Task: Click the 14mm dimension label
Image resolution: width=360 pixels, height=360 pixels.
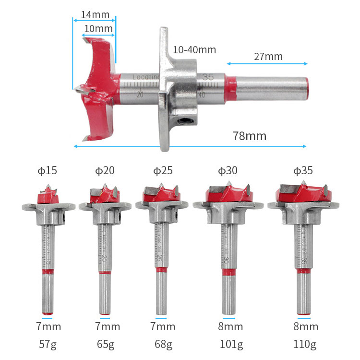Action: [x=95, y=14]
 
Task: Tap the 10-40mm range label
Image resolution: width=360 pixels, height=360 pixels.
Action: [x=194, y=50]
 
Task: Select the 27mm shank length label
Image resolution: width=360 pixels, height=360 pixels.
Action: [x=268, y=57]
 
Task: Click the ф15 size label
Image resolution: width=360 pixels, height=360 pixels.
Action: [x=48, y=170]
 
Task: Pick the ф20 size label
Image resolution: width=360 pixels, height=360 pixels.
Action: [x=105, y=170]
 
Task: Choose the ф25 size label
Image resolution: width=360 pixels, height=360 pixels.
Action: [x=163, y=170]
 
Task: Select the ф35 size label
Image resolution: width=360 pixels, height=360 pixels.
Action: [x=303, y=170]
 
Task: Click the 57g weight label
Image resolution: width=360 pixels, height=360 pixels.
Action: [x=47, y=344]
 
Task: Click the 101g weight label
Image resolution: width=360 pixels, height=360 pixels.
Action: [x=228, y=344]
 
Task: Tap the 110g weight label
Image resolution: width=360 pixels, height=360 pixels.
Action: [x=306, y=344]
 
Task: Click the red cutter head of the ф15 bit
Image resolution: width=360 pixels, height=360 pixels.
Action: [x=48, y=196]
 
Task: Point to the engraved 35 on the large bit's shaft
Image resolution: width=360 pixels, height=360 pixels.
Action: [x=208, y=77]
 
